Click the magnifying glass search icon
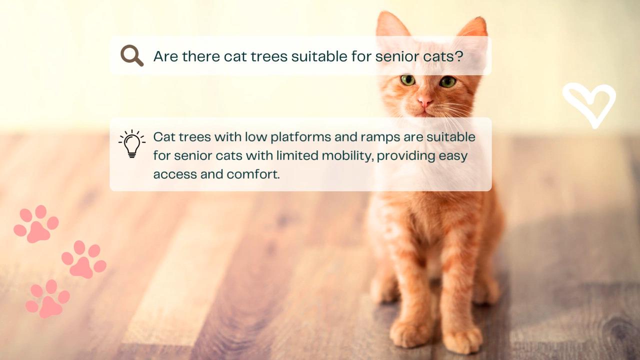point(132,55)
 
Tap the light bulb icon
point(132,144)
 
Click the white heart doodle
point(589,104)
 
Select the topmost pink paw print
point(36,224)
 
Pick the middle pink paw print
point(84,260)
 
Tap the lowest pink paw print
point(48,299)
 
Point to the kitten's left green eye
point(407,80)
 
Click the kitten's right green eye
point(447,81)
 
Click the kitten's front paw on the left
point(407,332)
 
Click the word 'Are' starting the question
point(165,56)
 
